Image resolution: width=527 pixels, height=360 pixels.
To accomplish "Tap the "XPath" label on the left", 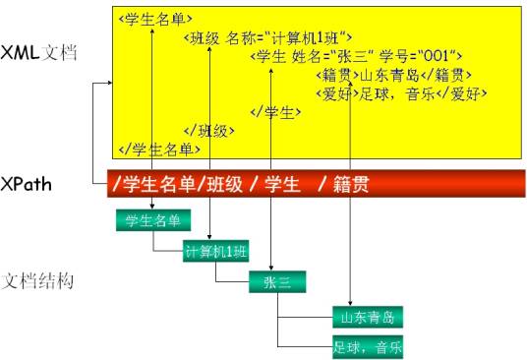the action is point(27,183).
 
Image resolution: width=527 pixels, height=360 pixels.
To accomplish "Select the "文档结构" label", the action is point(38,281).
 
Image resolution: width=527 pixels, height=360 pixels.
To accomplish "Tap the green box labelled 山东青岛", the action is point(369,318).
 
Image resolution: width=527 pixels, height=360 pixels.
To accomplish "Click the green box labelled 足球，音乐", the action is point(369,347).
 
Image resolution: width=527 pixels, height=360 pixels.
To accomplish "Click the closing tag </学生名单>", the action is point(158,149).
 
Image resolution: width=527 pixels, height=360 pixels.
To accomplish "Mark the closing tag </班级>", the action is point(208,130).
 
